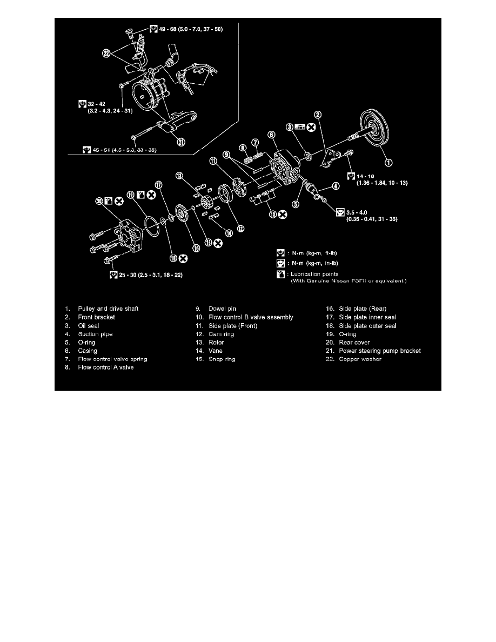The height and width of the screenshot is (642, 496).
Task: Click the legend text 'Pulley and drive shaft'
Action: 109,309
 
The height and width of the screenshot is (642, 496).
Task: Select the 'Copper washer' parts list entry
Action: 360,359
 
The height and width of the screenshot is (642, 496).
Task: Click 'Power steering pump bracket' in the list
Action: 380,351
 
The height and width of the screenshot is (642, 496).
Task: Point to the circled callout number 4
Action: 335,186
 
